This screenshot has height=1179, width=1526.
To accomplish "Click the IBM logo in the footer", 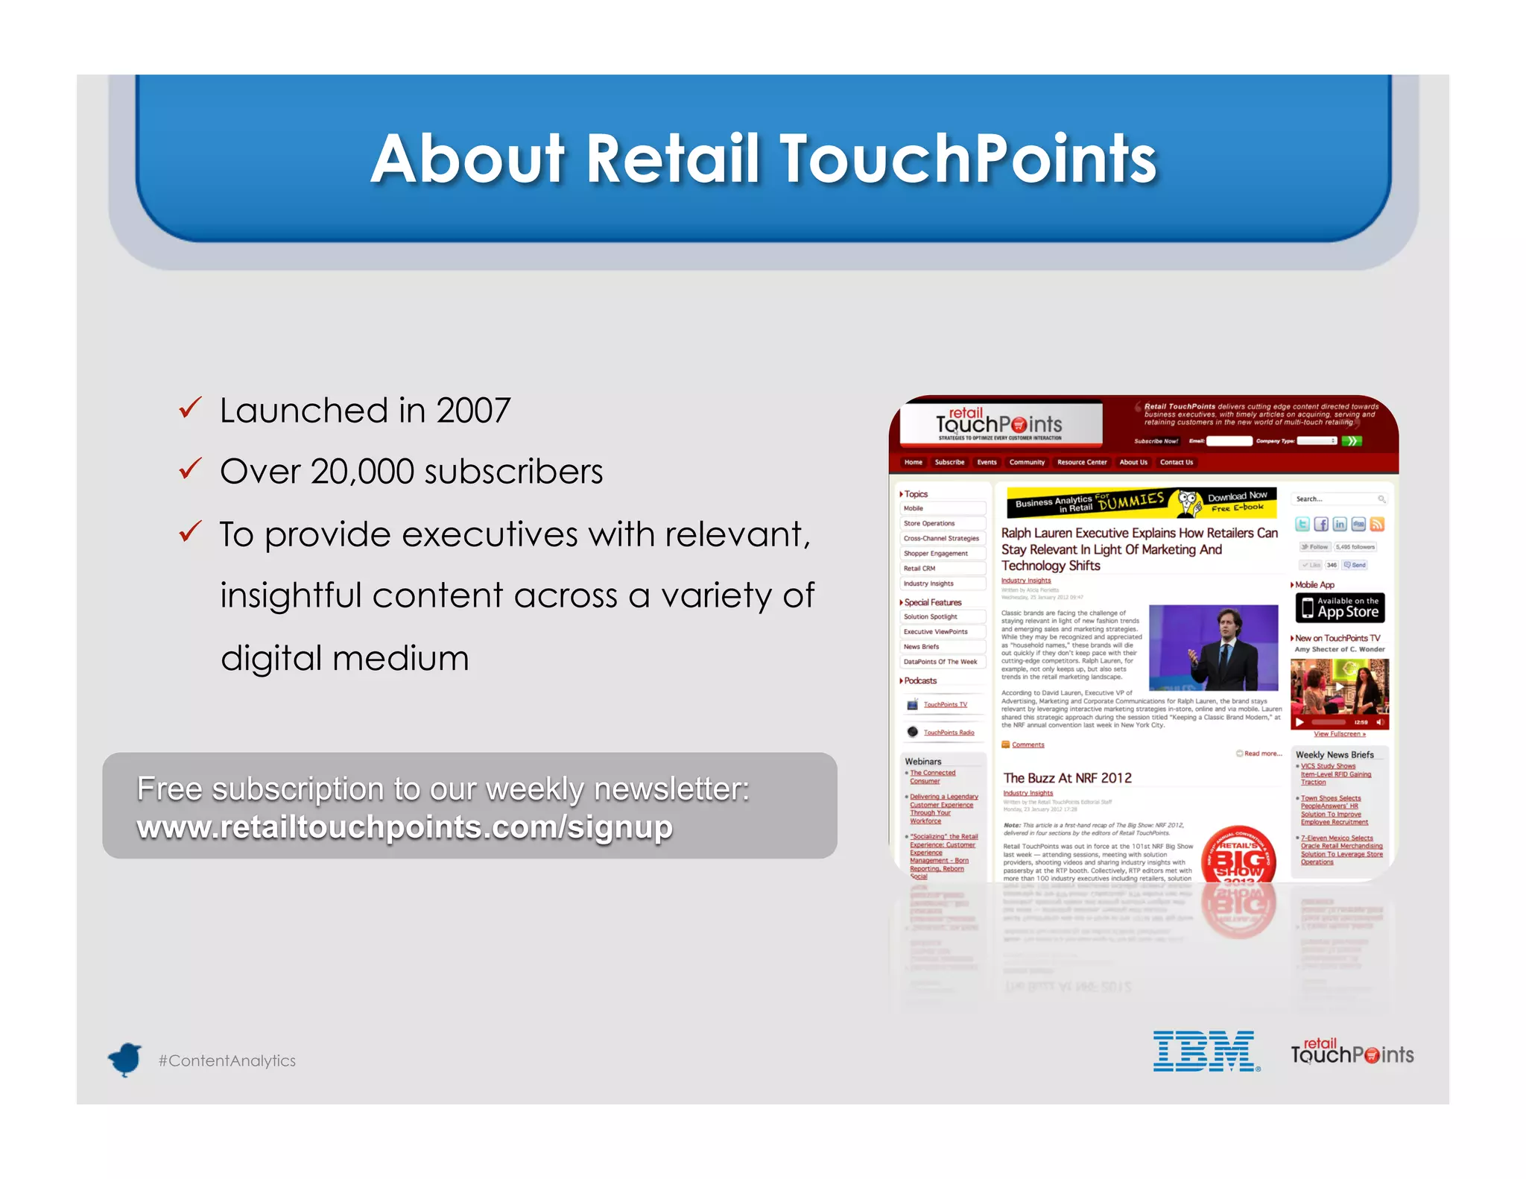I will click(1206, 1052).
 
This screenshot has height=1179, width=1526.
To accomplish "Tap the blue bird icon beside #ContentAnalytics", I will click(125, 1059).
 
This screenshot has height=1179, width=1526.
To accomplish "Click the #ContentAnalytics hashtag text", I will click(227, 1061).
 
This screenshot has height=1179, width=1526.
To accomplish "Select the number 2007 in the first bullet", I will click(473, 411).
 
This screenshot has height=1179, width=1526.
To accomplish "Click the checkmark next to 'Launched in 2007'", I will click(191, 408).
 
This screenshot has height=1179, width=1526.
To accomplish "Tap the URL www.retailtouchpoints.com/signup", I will click(405, 827).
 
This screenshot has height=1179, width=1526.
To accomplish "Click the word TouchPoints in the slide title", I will click(968, 159).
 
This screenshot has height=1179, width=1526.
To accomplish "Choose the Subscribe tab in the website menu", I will click(949, 462).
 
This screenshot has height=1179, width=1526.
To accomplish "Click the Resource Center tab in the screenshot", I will click(1082, 462).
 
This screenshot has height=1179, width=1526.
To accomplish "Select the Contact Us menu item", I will click(1176, 462).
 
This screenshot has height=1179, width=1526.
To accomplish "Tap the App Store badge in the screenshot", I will click(1340, 607).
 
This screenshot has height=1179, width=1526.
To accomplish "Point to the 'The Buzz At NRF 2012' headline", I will click(1067, 778).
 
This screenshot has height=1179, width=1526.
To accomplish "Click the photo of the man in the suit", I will click(1213, 647).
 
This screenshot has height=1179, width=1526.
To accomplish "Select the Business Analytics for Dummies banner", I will click(1141, 503).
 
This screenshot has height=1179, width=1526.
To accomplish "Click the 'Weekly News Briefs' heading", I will click(1335, 755).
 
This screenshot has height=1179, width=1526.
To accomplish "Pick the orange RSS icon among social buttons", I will click(1377, 525).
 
